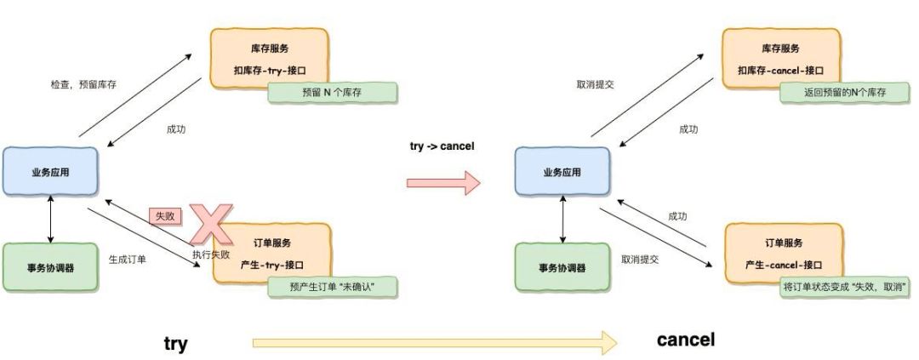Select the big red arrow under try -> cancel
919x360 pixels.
[x=442, y=181]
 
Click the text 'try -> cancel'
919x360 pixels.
[x=442, y=146]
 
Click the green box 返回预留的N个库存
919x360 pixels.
[x=845, y=93]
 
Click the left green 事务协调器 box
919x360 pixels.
[x=51, y=267]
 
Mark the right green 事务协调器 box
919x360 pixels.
[x=562, y=267]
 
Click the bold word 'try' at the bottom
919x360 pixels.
[x=175, y=344]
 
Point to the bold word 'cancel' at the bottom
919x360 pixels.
[x=686, y=340]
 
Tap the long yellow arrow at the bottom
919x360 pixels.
[x=434, y=343]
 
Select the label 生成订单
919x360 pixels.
[x=128, y=258]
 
